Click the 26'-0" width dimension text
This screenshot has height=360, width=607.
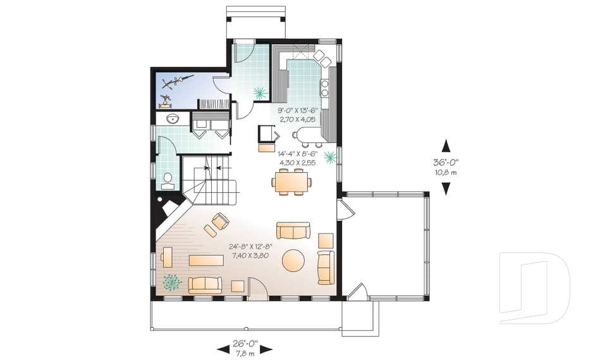[245, 344]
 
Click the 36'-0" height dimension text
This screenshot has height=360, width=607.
[446, 162]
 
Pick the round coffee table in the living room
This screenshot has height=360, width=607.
[293, 259]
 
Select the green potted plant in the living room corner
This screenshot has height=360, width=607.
[171, 282]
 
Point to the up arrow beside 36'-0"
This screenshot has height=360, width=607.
[446, 146]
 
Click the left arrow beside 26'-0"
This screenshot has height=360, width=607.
[223, 349]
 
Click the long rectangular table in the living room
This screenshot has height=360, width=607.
[206, 260]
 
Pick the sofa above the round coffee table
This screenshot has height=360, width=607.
[293, 230]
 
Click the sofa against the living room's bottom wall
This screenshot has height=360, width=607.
[205, 285]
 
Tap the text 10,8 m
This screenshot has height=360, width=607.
[446, 172]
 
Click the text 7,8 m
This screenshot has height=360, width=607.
[245, 353]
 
